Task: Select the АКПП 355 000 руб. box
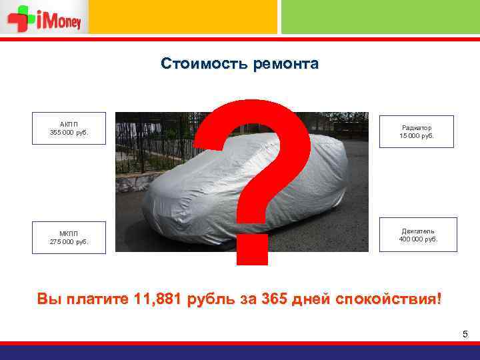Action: pos(69,128)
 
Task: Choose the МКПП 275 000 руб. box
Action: pos(69,237)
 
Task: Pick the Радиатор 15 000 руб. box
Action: pos(417,131)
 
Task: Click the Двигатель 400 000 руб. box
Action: pos(418,235)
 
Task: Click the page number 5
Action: pos(465,333)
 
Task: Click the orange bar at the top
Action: pos(183,17)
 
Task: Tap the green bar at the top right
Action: pos(380,17)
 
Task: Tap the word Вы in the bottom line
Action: pos(49,298)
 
